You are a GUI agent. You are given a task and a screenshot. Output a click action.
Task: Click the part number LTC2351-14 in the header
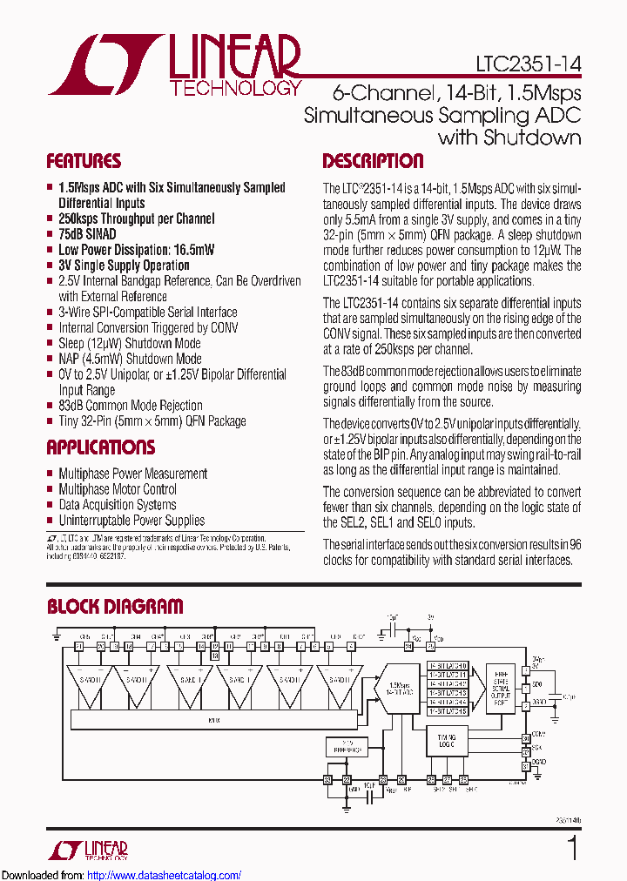point(529,64)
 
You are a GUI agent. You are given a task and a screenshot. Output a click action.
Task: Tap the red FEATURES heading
point(84,161)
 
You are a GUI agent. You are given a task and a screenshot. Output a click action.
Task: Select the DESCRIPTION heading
point(373,161)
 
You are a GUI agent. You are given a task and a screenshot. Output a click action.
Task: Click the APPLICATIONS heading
point(100,447)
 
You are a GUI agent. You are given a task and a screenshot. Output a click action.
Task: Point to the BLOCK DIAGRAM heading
point(115,607)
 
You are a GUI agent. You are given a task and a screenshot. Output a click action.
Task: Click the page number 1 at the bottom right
point(572,848)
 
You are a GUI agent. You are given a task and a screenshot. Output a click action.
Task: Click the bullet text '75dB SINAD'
point(87,234)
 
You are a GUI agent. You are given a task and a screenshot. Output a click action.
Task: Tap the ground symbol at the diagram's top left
point(56,640)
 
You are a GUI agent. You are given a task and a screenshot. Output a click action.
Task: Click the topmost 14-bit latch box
point(448,665)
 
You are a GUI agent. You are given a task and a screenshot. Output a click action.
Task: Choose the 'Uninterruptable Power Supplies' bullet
point(131,521)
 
